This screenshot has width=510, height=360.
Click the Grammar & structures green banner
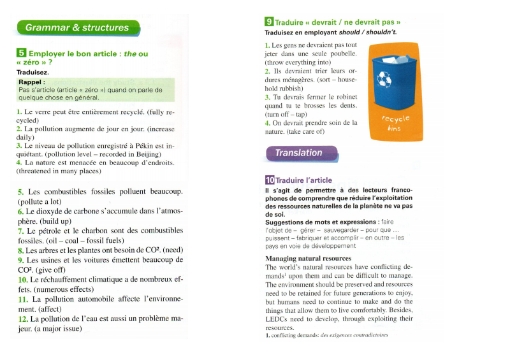pyautogui.click(x=76, y=27)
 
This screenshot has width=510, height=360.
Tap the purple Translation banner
pyautogui.click(x=299, y=153)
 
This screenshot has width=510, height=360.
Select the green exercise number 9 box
pyautogui.click(x=269, y=22)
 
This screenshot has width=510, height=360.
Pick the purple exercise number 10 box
pyautogui.click(x=270, y=180)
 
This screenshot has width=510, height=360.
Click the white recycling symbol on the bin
pyautogui.click(x=384, y=79)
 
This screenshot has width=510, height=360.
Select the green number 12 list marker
pyautogui.click(x=23, y=319)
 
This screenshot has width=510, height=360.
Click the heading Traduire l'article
pyautogui.click(x=303, y=180)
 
